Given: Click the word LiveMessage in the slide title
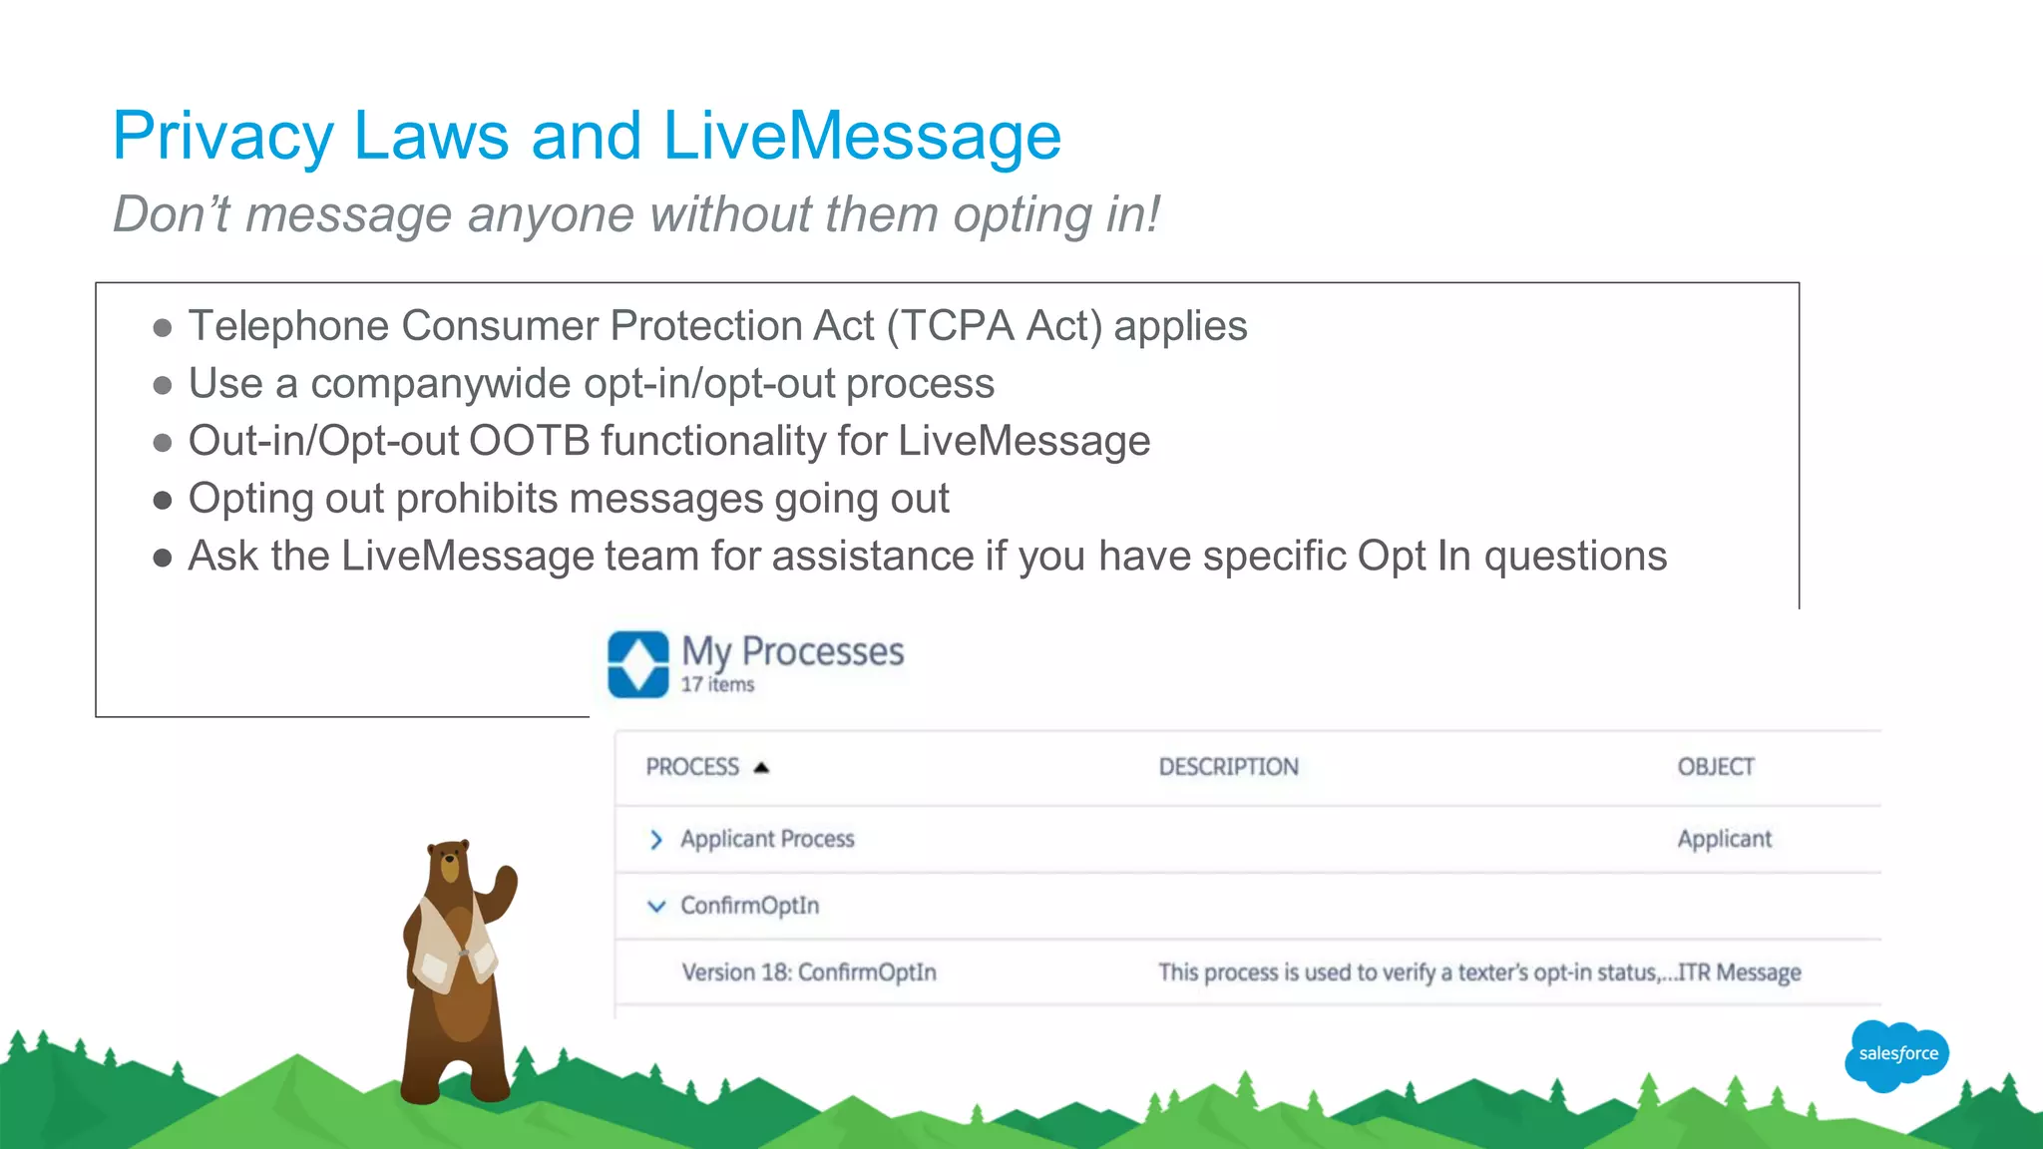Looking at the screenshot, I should (861, 137).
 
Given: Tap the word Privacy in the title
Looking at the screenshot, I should (222, 137).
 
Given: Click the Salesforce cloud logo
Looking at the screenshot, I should (1896, 1054).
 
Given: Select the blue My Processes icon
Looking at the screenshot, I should (638, 664).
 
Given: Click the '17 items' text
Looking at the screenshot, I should (717, 685).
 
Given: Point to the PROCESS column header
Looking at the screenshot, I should (692, 767).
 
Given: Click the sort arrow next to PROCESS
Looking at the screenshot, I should (761, 767).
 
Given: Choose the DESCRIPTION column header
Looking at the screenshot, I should (1228, 767).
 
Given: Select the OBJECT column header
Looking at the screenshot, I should (1715, 767).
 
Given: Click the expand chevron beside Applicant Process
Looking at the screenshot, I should (655, 840).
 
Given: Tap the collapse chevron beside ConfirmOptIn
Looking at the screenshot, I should (655, 906).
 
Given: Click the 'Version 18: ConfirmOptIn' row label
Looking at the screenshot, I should (808, 972).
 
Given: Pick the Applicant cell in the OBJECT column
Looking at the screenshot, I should (1724, 840).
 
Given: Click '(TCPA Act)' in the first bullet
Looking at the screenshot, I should (994, 326).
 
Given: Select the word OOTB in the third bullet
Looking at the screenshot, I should (529, 441).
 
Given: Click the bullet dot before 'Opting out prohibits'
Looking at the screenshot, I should (163, 500).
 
